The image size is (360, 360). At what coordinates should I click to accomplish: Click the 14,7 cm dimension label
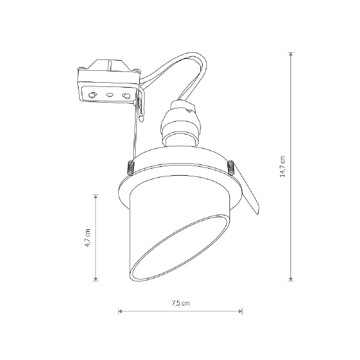click(283, 166)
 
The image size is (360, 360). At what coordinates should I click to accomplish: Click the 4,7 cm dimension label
click(88, 238)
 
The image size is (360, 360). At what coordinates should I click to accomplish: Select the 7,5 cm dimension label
click(181, 303)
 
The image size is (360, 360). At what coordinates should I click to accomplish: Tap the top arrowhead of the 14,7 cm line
click(291, 54)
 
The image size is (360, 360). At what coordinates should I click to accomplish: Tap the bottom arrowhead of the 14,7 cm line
click(291, 279)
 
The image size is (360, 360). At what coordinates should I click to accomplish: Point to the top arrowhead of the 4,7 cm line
click(95, 197)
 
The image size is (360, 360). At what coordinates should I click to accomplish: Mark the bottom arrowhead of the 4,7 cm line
click(95, 279)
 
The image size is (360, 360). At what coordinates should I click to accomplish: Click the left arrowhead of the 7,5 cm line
click(121, 311)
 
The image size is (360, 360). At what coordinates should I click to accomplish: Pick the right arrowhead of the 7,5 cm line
click(240, 311)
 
